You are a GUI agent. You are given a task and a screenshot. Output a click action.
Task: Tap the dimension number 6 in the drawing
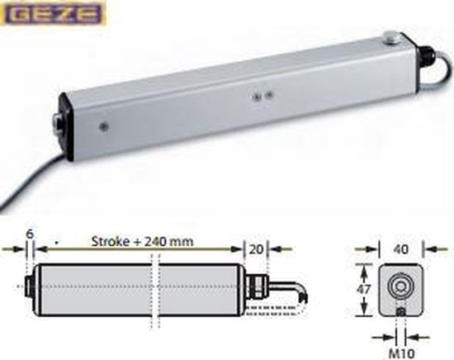tap(31, 234)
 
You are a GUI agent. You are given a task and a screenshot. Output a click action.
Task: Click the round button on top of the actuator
tap(389, 37)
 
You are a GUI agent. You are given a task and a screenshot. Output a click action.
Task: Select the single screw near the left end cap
tap(102, 126)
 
